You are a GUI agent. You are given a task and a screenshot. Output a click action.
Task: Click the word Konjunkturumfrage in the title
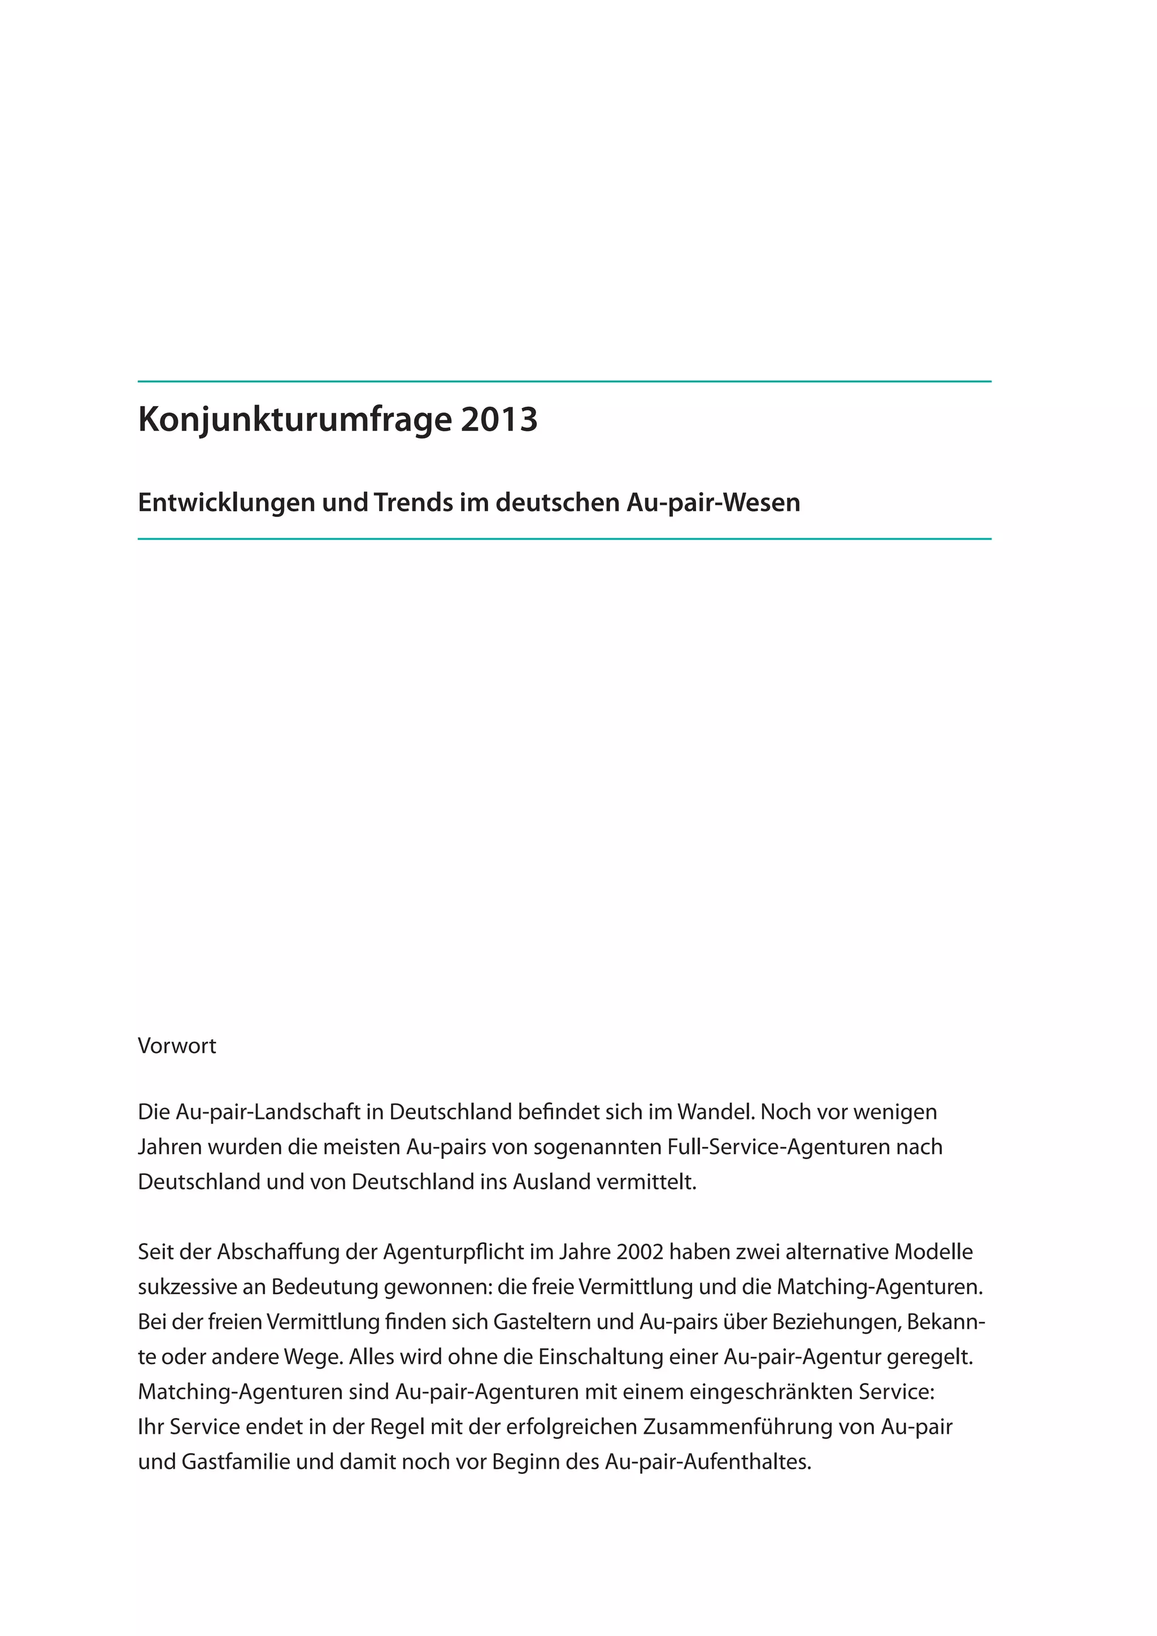coord(294,420)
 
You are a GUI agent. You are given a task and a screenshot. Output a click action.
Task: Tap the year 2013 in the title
coord(499,420)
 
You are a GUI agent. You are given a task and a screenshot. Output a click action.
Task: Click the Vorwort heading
coord(177,1046)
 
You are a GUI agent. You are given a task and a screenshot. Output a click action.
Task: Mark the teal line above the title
coord(564,382)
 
